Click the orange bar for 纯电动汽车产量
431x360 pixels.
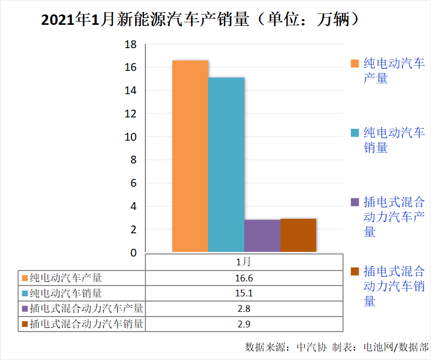click(x=190, y=156)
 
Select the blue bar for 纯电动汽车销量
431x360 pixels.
click(x=226, y=164)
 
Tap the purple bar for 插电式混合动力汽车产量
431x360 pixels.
click(x=262, y=236)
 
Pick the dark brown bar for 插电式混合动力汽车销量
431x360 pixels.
click(x=298, y=235)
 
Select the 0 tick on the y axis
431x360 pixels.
click(x=133, y=253)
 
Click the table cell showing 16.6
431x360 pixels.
click(x=244, y=278)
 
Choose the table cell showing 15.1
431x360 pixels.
click(x=244, y=293)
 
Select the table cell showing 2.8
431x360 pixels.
click(x=244, y=309)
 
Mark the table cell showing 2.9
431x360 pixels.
click(x=244, y=324)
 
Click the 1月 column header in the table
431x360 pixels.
click(x=244, y=262)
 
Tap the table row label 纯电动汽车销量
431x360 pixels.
click(x=66, y=293)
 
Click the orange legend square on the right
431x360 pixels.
click(x=355, y=64)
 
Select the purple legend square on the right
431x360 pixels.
click(x=355, y=202)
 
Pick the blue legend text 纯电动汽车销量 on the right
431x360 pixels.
click(x=394, y=140)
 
